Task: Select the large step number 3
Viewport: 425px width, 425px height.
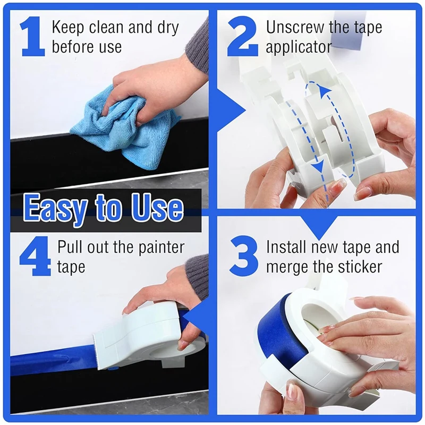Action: pos(244,257)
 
